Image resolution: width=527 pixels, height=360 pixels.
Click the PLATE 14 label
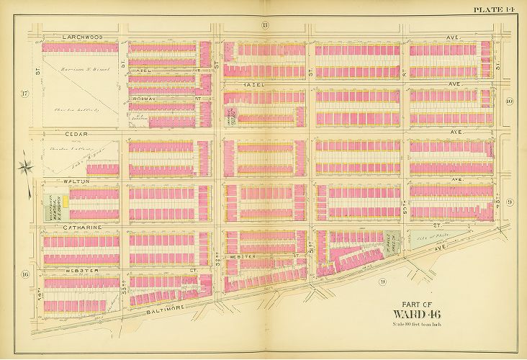click(497, 9)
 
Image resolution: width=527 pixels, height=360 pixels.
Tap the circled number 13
click(265, 26)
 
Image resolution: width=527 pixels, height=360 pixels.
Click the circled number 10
click(508, 102)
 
